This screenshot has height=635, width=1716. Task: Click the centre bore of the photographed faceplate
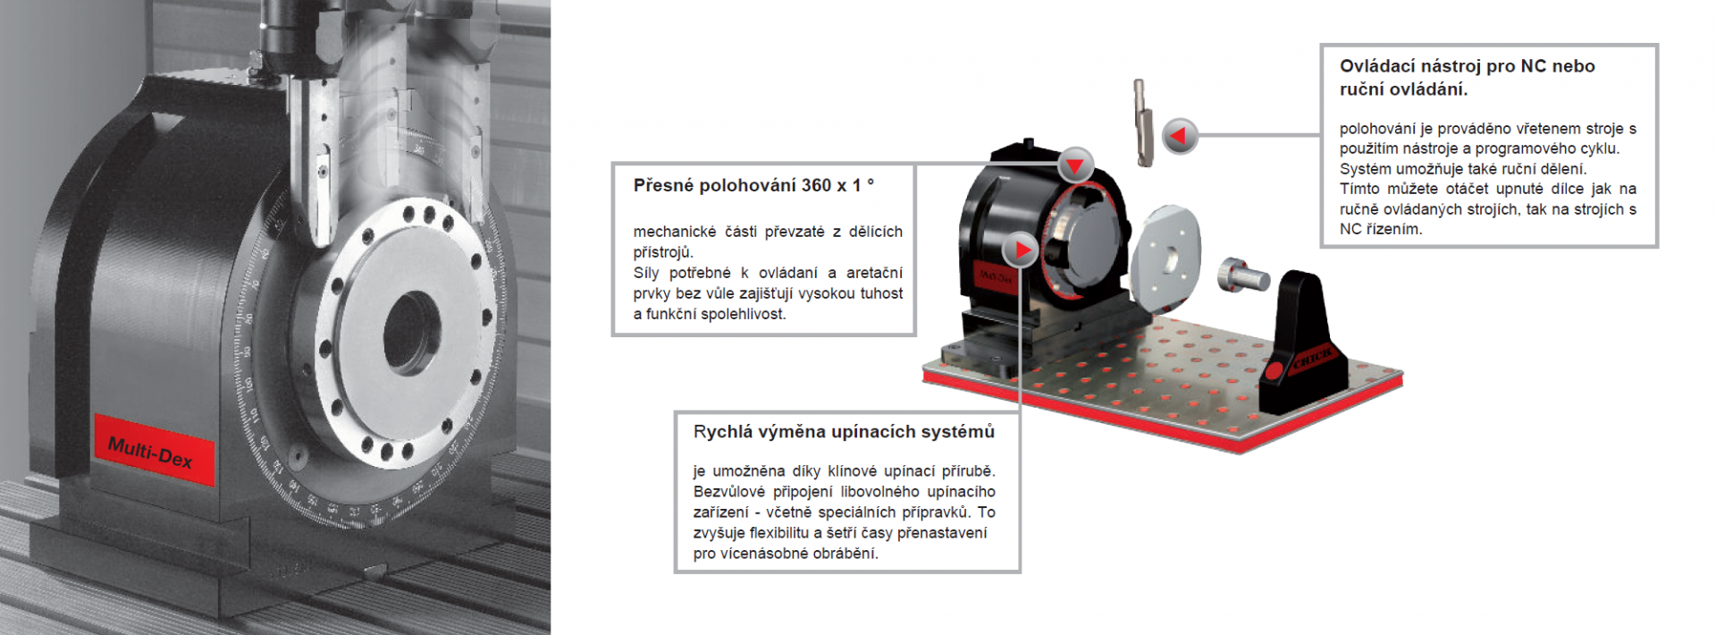[412, 332]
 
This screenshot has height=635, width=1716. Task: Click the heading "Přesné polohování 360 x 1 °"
[753, 185]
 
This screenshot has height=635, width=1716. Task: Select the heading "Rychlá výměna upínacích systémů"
[844, 432]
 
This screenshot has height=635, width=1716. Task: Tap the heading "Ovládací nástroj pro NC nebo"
[1467, 66]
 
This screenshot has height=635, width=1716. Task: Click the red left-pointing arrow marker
[1180, 136]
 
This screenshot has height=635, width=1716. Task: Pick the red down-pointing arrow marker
[1075, 165]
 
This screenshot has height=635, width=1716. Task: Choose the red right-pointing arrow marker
[1020, 250]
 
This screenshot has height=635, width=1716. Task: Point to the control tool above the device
[1143, 123]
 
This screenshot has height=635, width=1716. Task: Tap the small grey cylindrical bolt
[1243, 274]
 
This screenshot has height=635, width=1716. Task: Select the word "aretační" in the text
[874, 273]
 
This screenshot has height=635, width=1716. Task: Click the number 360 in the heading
[816, 185]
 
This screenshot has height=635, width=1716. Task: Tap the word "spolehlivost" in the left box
[744, 314]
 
